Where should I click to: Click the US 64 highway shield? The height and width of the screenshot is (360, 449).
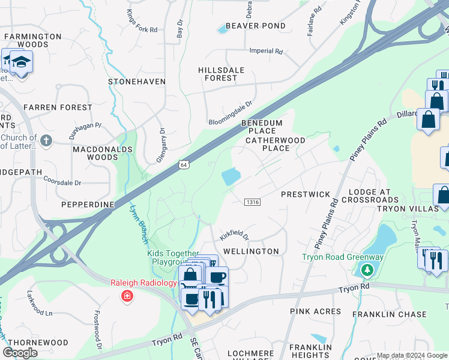[x=183, y=165]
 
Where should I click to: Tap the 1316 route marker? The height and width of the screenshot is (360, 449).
[x=252, y=202]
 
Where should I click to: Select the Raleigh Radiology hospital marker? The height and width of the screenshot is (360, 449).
[x=127, y=295]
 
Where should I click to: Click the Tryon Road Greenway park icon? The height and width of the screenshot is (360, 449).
[x=367, y=270]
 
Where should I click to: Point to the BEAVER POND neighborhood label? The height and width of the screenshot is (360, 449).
[x=252, y=26]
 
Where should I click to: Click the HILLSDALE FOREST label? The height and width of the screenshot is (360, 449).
[x=221, y=74]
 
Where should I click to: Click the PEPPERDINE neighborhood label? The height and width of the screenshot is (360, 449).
[x=88, y=205]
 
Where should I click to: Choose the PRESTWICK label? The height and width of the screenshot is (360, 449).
[x=306, y=194]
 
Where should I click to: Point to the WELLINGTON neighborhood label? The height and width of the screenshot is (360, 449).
[x=251, y=251]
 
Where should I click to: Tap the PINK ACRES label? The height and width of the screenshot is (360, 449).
[x=315, y=311]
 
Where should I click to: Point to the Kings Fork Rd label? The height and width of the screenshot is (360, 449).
[x=142, y=20]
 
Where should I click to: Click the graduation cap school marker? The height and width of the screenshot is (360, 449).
[x=22, y=62]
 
